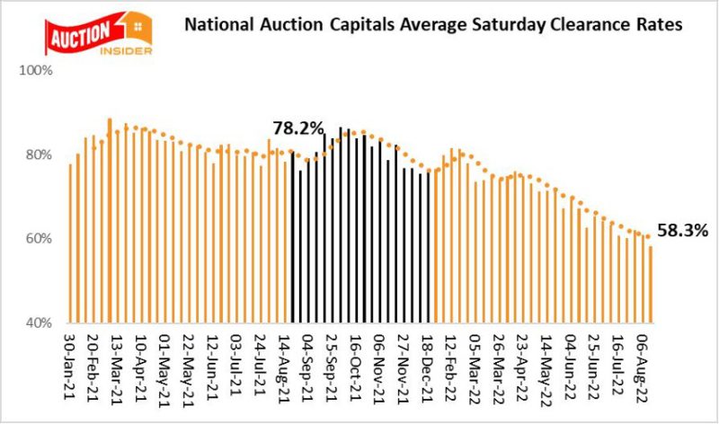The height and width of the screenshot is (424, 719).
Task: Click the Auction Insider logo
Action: (x=99, y=32)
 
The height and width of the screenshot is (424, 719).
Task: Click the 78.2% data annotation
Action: (x=297, y=129)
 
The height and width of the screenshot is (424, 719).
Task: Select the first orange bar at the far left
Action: (x=70, y=243)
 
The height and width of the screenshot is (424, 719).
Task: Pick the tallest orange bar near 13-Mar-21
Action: (x=110, y=220)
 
